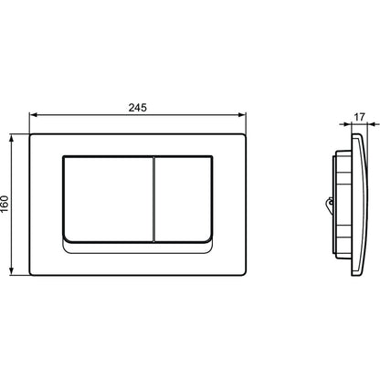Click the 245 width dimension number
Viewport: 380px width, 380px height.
[137, 108]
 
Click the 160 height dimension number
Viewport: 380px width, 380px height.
[5, 204]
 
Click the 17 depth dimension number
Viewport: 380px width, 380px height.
[360, 117]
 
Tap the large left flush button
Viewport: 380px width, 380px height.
[108, 199]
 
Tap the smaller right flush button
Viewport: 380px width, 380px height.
[184, 199]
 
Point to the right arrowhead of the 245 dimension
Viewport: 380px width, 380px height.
[242, 115]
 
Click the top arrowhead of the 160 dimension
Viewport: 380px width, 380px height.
[12, 139]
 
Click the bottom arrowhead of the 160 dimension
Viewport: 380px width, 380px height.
[12, 271]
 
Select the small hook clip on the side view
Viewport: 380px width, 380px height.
[329, 203]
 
